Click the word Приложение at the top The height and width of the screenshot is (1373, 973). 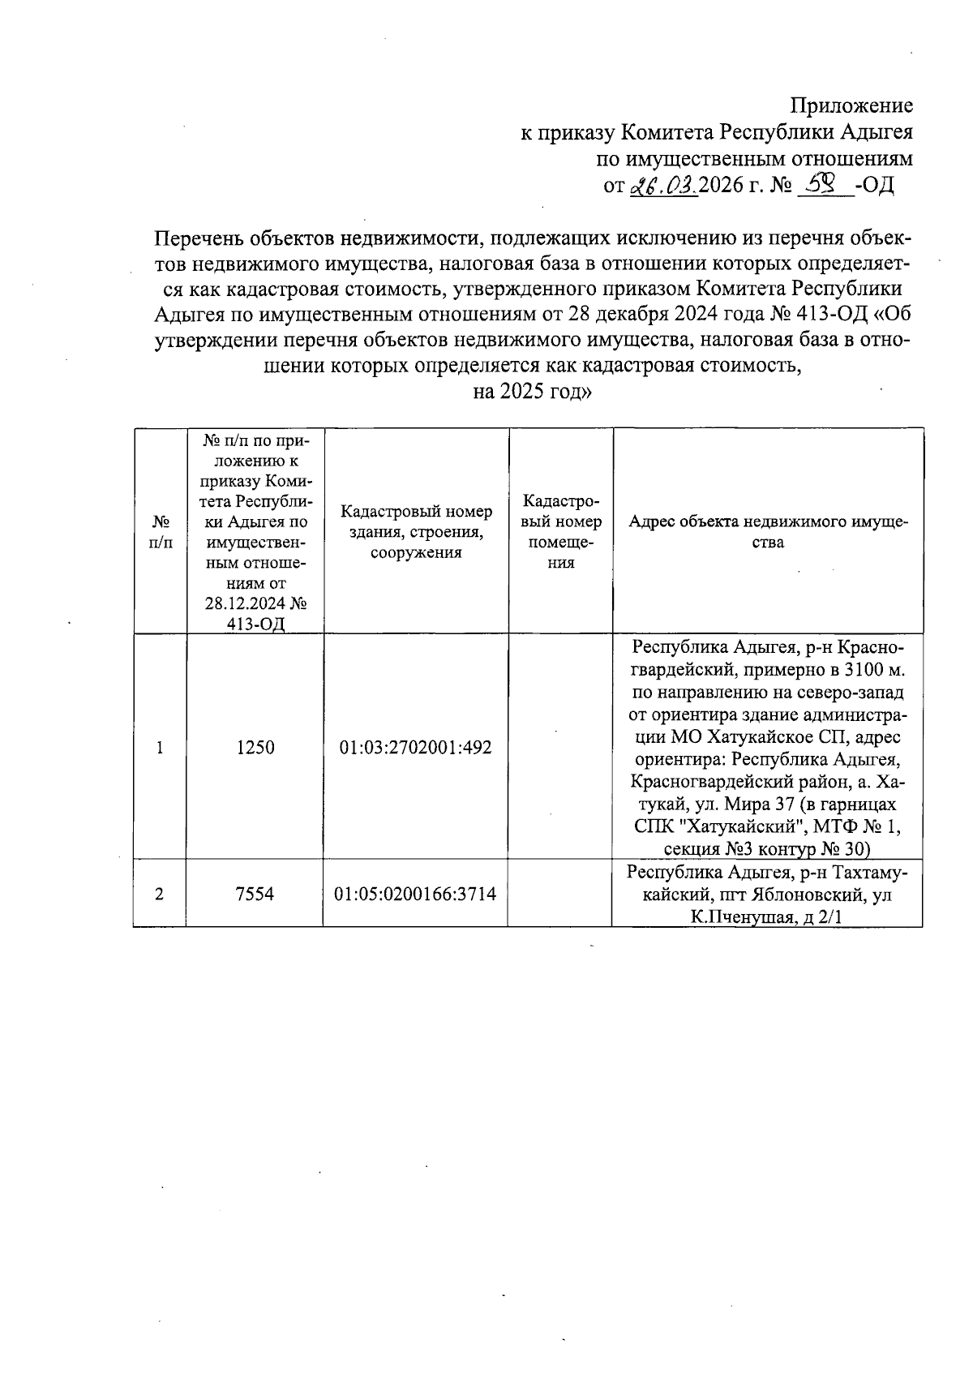851,105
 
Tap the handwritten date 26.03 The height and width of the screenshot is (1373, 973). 663,186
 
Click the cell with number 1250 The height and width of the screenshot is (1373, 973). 255,748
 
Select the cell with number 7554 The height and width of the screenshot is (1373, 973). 255,894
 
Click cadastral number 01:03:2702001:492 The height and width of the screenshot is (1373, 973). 415,748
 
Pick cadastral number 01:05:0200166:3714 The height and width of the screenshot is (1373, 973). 415,894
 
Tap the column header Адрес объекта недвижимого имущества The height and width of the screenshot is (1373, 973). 768,532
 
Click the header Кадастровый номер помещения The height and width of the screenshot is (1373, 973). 560,532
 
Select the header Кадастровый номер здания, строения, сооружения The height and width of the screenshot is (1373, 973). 416,532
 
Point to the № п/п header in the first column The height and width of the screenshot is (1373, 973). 161,532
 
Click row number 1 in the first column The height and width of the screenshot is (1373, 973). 160,748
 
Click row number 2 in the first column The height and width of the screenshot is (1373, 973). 160,894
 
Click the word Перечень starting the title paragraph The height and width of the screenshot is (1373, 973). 199,238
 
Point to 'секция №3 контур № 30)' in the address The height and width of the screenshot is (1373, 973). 766,849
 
